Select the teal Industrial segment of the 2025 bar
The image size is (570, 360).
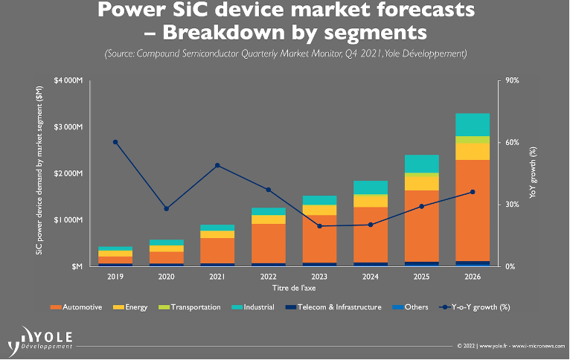click(421, 164)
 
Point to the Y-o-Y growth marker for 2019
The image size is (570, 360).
click(115, 142)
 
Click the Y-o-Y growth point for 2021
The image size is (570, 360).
click(217, 165)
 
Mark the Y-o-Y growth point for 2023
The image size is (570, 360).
click(319, 226)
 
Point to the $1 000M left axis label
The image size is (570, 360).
click(68, 220)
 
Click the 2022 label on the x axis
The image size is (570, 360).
click(268, 277)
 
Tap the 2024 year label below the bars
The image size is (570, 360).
click(370, 277)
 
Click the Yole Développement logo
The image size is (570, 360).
click(41, 338)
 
